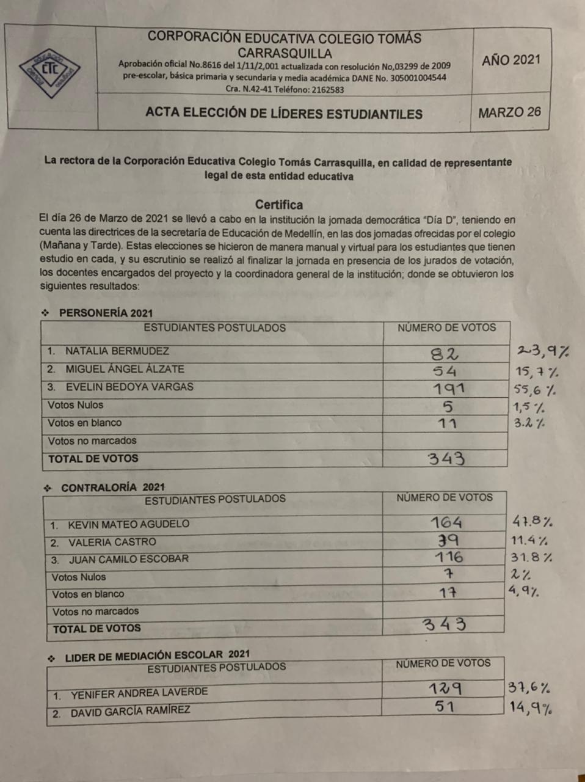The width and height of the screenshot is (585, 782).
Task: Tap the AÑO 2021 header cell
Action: [511, 60]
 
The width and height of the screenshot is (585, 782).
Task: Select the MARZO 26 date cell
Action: [509, 112]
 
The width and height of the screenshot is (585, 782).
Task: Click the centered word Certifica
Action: [279, 205]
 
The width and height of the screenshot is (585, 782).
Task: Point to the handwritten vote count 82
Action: [445, 353]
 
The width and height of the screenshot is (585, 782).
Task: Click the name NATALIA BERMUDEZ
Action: [117, 351]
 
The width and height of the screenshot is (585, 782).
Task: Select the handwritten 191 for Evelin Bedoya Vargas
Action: [448, 389]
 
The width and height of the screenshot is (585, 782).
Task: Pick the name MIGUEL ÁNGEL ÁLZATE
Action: [125, 369]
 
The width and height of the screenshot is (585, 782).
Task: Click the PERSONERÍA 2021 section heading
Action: [106, 313]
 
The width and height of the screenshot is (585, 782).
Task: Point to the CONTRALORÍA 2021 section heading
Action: [113, 488]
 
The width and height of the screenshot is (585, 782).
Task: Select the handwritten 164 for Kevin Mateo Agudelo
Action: [446, 523]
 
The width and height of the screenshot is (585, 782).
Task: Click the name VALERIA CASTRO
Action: [112, 542]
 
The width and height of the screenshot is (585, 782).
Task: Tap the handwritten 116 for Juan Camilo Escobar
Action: [449, 557]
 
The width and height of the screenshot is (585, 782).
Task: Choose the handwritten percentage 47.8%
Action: [532, 522]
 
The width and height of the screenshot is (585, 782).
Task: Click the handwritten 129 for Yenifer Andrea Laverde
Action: [445, 689]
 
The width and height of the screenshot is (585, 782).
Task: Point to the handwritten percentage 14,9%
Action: [531, 708]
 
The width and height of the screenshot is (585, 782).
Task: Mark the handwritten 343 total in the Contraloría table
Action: [445, 624]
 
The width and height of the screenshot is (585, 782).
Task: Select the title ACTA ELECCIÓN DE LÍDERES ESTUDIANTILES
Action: [284, 114]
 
